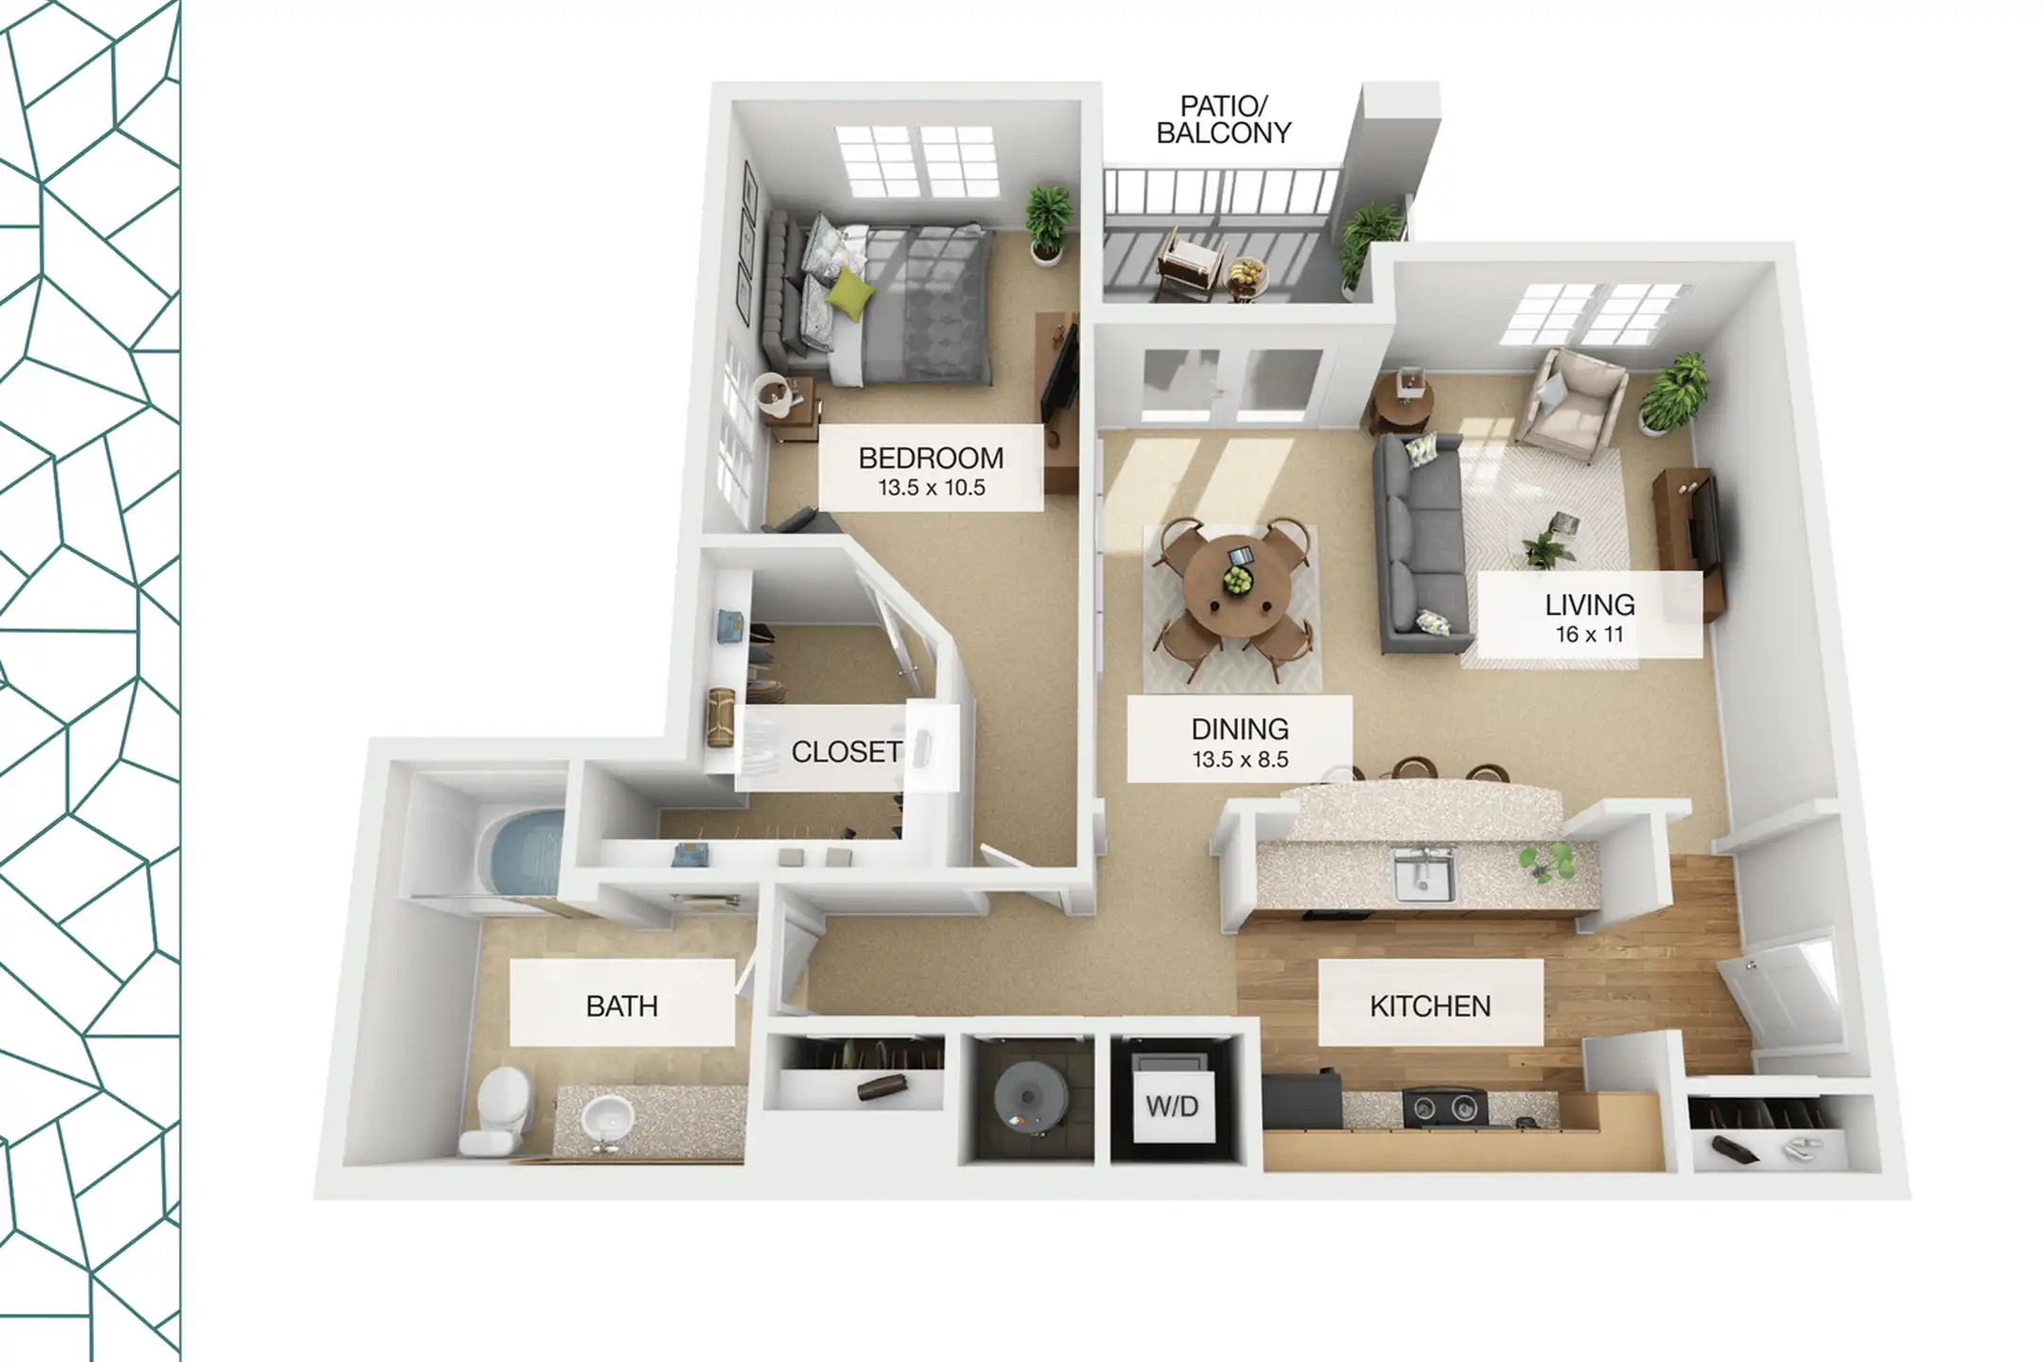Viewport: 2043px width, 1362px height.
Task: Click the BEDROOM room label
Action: pos(931,459)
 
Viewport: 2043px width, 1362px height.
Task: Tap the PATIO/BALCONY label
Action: pos(1224,120)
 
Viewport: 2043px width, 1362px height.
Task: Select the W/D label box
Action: pos(1172,1107)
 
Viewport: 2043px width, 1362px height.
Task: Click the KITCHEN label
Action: pos(1430,1006)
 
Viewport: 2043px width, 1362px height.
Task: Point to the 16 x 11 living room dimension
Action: pos(1590,635)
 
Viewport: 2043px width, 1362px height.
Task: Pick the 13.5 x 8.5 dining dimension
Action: pos(1240,760)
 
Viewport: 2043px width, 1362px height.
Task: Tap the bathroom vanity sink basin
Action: pos(606,1120)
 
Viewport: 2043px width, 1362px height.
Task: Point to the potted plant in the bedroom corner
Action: pos(1048,224)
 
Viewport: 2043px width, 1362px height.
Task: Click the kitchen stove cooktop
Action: pos(1444,1108)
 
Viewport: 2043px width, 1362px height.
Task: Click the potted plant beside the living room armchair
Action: pos(1676,393)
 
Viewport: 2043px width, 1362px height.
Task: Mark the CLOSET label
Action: pos(846,752)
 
